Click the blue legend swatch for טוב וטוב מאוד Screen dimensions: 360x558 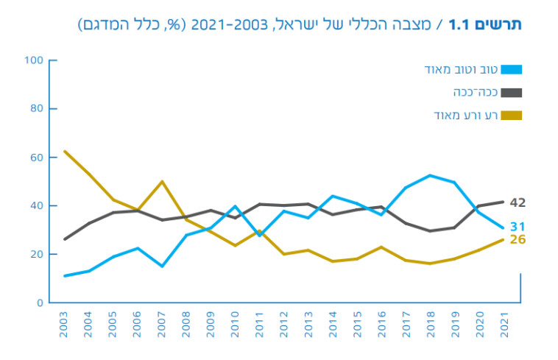pos(512,70)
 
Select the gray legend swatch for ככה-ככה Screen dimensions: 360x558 pos(512,93)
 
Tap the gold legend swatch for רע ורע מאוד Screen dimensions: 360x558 pos(512,115)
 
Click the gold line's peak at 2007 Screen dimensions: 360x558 pos(162,181)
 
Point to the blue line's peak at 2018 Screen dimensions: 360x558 pos(430,175)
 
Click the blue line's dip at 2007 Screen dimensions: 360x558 pos(162,266)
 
